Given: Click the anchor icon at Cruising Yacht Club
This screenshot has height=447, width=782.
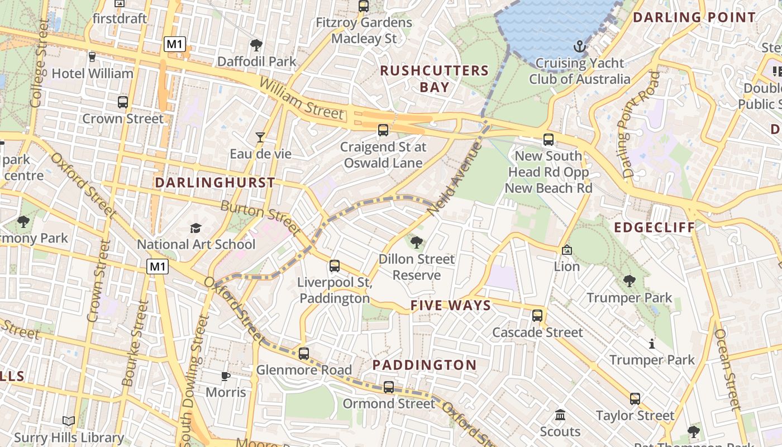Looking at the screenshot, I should click(579, 46).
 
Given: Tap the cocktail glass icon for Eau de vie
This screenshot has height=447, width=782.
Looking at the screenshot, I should click(260, 137).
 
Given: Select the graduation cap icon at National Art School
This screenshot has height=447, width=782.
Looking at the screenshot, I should click(195, 228).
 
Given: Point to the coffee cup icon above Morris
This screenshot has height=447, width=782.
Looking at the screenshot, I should click(225, 376).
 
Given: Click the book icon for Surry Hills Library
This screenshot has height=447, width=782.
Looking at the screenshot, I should click(69, 421).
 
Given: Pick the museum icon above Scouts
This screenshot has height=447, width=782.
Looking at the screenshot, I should click(560, 415).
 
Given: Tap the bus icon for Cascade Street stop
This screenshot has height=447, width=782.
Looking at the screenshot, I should click(537, 316).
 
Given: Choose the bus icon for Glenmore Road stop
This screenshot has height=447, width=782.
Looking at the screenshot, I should click(303, 354).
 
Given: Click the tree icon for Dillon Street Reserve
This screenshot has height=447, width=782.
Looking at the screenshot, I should click(416, 242).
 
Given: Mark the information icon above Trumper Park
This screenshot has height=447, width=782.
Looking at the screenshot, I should click(651, 344).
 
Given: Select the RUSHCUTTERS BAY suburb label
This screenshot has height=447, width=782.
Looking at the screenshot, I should click(434, 79).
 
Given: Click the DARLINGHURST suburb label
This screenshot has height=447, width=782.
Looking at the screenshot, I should click(215, 183).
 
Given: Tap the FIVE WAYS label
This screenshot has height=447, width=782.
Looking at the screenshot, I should click(451, 306).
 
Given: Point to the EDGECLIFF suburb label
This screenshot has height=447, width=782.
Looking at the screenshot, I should click(655, 227).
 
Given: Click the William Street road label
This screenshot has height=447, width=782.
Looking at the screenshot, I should click(302, 99).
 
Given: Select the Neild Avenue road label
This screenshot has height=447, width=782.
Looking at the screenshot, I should click(454, 179).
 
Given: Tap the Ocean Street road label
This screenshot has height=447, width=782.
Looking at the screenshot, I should click(728, 369).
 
